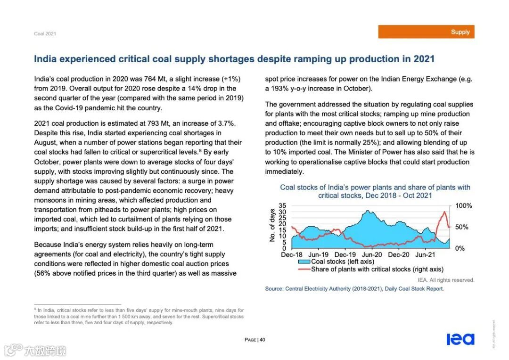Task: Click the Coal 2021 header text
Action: click(x=45, y=34)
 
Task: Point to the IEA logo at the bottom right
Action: click(x=460, y=339)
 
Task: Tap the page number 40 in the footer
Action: click(x=263, y=340)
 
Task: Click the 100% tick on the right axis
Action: click(x=463, y=206)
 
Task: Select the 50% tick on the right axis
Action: click(x=462, y=227)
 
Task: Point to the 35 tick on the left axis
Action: click(x=283, y=206)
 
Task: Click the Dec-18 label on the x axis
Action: click(x=292, y=255)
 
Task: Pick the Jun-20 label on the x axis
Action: click(x=372, y=255)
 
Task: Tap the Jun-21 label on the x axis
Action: click(x=425, y=255)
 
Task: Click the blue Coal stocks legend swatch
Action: click(x=304, y=262)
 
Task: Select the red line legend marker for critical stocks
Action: click(x=304, y=269)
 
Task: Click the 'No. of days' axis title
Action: click(x=272, y=226)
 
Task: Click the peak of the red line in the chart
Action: click(x=444, y=212)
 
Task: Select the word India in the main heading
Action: click(x=46, y=59)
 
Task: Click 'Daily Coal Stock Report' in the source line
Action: click(x=414, y=289)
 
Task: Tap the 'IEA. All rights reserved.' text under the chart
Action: click(x=446, y=280)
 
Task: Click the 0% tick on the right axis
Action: click(x=460, y=248)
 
